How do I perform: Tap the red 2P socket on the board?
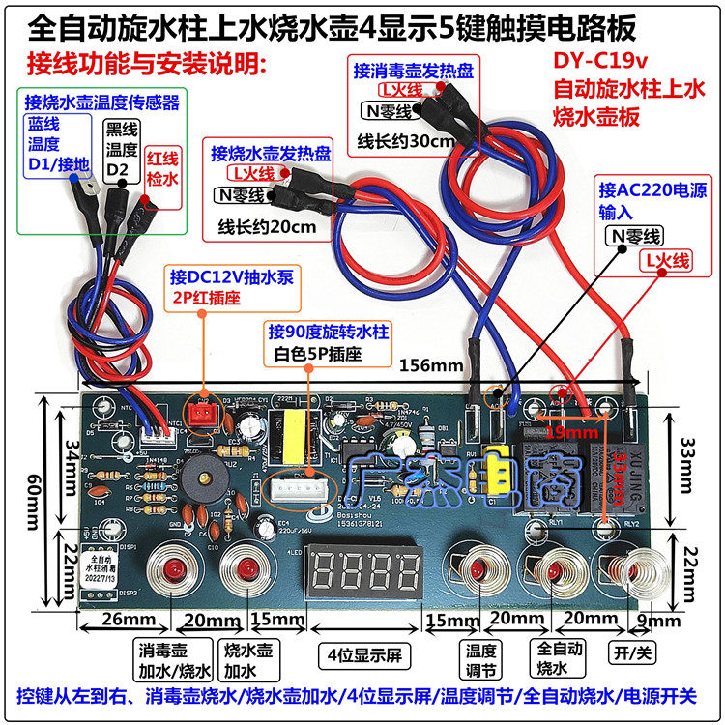pos(204,415)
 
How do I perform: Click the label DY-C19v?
pos(600,60)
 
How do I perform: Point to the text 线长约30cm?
pos(405,141)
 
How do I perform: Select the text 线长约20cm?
pos(267,228)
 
